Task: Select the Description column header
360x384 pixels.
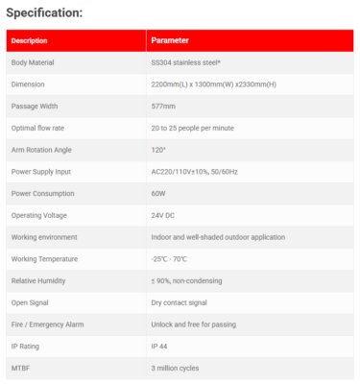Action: pyautogui.click(x=30, y=41)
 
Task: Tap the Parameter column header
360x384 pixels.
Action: pyautogui.click(x=170, y=41)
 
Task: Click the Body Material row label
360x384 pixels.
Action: pyautogui.click(x=33, y=63)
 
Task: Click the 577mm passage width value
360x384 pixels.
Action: pyautogui.click(x=162, y=107)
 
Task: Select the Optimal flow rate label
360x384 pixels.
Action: pyautogui.click(x=36, y=128)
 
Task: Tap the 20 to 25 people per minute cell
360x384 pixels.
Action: pyautogui.click(x=193, y=128)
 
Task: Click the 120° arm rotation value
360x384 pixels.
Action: pyautogui.click(x=159, y=150)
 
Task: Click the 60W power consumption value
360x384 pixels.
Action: pyautogui.click(x=159, y=193)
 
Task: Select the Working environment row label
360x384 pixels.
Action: pyautogui.click(x=44, y=237)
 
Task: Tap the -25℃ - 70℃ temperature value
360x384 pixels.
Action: pyautogui.click(x=174, y=259)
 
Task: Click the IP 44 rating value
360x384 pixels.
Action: pyautogui.click(x=162, y=346)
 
